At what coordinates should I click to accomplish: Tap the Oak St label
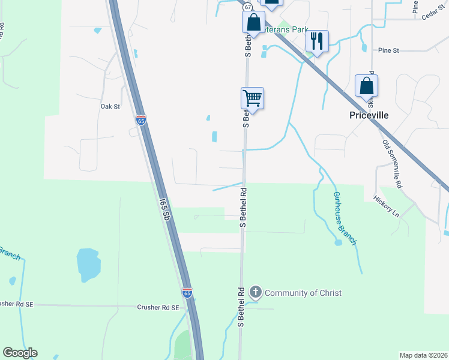tap(110, 106)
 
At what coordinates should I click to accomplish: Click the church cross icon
tap(256, 293)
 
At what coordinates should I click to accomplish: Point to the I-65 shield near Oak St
tap(141, 120)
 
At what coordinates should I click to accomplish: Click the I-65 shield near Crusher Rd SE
tap(187, 293)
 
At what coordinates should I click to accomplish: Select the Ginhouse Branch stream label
tap(345, 218)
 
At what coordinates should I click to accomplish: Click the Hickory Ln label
tap(385, 205)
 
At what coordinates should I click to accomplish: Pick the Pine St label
tap(388, 51)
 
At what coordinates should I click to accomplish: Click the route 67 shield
tap(246, 7)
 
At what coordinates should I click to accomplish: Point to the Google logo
tap(20, 353)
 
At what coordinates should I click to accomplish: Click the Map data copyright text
tap(424, 355)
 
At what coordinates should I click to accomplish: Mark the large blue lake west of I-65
tap(88, 264)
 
